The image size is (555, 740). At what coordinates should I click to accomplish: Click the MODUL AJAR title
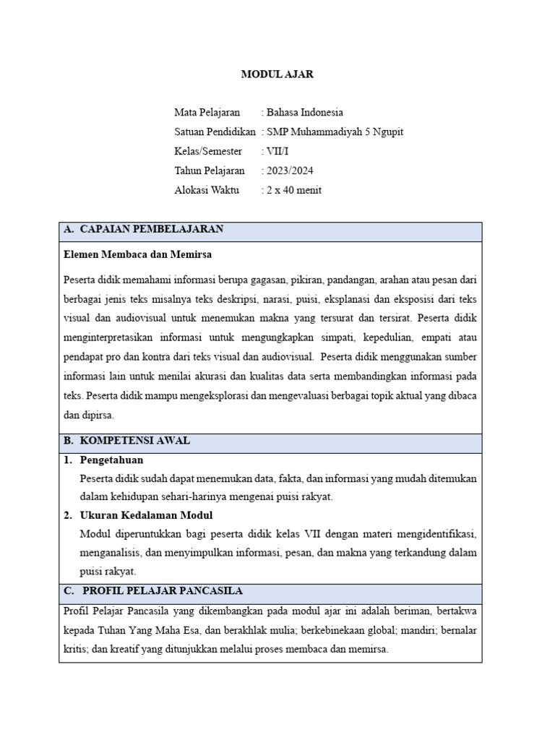pyautogui.click(x=277, y=74)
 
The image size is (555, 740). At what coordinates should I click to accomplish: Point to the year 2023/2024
pyautogui.click(x=290, y=171)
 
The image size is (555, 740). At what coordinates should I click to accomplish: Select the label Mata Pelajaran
pyautogui.click(x=207, y=112)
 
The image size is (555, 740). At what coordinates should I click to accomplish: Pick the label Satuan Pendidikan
pyautogui.click(x=215, y=132)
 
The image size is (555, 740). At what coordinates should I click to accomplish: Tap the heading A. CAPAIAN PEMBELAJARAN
pyautogui.click(x=144, y=229)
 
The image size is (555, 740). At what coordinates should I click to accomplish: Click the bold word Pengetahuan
pyautogui.click(x=112, y=460)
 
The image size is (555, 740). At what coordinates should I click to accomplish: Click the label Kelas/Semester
pyautogui.click(x=208, y=151)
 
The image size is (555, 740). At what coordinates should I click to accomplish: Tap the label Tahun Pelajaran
pyautogui.click(x=209, y=171)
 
